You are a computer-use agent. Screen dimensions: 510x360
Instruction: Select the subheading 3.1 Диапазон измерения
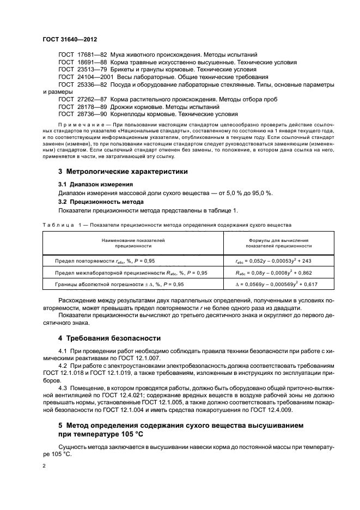[x=95, y=184]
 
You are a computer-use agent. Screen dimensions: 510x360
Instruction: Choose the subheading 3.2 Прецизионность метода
[x=101, y=201]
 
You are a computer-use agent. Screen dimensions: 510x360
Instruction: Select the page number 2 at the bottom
[x=45, y=466]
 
